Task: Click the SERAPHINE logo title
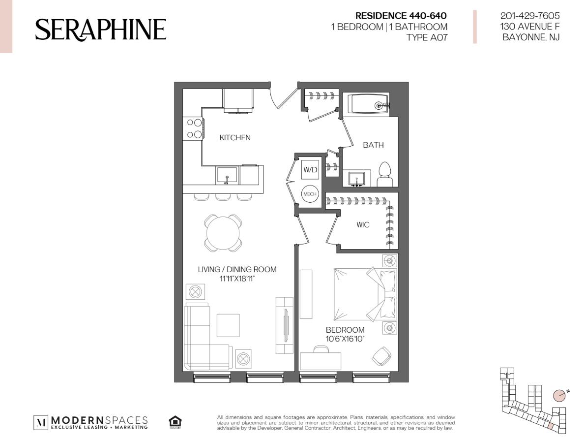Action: click(101, 30)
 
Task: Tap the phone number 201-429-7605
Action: click(530, 16)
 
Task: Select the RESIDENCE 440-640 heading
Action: click(401, 16)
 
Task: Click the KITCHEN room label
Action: click(235, 138)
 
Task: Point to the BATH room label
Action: click(373, 145)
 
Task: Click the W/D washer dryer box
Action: click(310, 170)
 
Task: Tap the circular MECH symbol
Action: click(310, 194)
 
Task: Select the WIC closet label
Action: click(363, 225)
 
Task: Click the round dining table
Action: click(223, 233)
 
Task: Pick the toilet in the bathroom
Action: click(384, 175)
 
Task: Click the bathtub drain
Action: click(379, 106)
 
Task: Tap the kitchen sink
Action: click(227, 176)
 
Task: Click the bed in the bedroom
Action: click(365, 294)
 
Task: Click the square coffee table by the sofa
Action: click(228, 325)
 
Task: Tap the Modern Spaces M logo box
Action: click(41, 423)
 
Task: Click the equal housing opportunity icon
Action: click(175, 422)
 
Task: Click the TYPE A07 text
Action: click(427, 37)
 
